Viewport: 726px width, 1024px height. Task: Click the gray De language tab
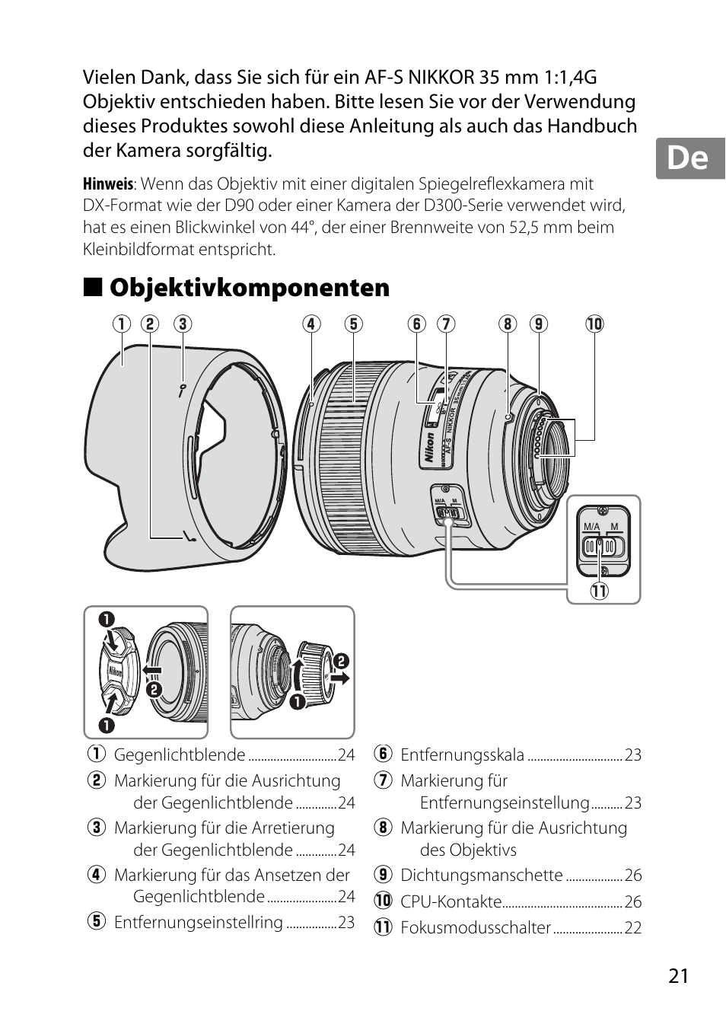tap(689, 158)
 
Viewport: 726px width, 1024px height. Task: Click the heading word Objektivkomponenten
tap(249, 288)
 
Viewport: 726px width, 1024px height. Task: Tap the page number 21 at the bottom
tap(679, 976)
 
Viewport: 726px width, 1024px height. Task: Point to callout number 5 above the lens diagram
tap(353, 324)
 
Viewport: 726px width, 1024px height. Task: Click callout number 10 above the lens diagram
tap(594, 324)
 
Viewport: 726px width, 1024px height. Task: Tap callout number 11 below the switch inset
tap(600, 591)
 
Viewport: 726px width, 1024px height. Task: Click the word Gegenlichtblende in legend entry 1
tap(179, 755)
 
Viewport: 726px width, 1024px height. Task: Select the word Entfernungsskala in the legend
tap(462, 755)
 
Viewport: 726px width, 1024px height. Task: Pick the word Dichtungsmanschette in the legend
tap(481, 876)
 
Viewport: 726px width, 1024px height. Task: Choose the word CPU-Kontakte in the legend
tap(451, 902)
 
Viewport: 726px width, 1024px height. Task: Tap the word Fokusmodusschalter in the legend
tap(475, 928)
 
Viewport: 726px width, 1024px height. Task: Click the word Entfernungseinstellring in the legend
tap(198, 923)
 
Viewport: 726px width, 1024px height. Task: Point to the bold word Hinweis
tap(107, 184)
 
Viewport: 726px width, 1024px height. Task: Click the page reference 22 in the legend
tap(633, 928)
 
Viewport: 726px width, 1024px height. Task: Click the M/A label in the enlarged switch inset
tap(591, 527)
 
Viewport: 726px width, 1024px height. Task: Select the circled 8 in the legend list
tap(383, 828)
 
